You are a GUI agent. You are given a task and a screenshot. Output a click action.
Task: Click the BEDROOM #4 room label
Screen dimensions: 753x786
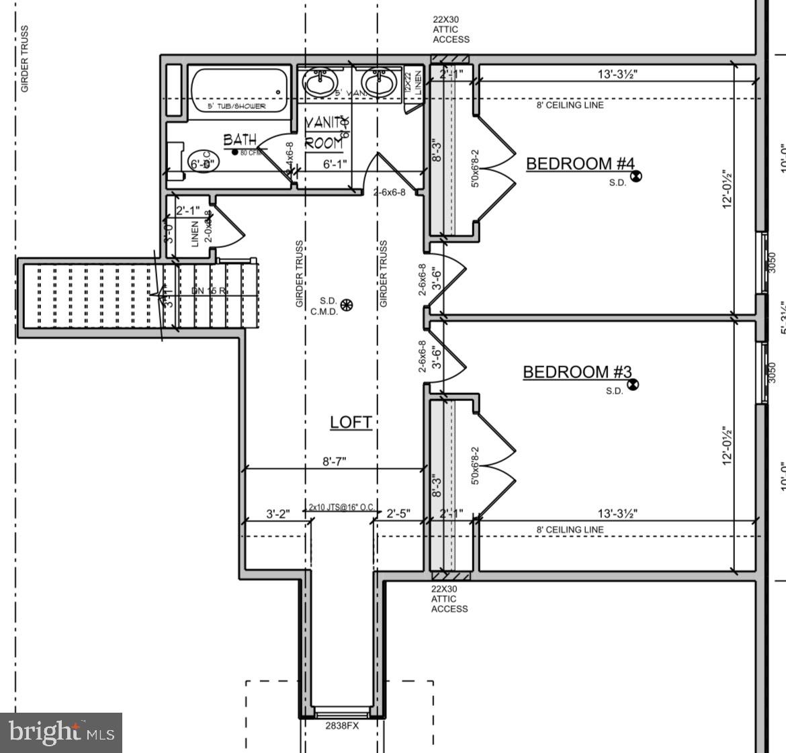pyautogui.click(x=580, y=163)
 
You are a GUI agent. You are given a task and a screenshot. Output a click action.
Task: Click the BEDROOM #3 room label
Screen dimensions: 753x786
pyautogui.click(x=577, y=372)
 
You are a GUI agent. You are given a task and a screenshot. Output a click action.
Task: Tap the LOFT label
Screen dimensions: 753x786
pyautogui.click(x=351, y=422)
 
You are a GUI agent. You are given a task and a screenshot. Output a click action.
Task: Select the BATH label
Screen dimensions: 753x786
pyautogui.click(x=240, y=140)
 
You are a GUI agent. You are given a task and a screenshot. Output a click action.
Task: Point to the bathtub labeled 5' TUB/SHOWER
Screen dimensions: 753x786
pyautogui.click(x=238, y=92)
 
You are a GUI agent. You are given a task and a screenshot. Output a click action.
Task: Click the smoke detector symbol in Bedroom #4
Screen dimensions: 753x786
pyautogui.click(x=636, y=176)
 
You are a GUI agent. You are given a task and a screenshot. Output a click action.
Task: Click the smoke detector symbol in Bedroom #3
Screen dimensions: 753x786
pyautogui.click(x=632, y=385)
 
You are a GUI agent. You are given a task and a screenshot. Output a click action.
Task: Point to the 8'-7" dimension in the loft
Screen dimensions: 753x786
pyautogui.click(x=335, y=462)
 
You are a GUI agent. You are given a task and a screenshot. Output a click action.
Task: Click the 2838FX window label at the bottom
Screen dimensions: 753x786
pyautogui.click(x=342, y=725)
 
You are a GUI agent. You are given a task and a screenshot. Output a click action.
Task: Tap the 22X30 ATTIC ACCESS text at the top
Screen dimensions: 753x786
pyautogui.click(x=451, y=30)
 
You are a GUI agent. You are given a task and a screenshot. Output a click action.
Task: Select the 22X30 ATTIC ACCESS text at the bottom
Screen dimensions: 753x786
pyautogui.click(x=449, y=599)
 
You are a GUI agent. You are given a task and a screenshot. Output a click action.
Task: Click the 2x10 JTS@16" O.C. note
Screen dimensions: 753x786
pyautogui.click(x=341, y=507)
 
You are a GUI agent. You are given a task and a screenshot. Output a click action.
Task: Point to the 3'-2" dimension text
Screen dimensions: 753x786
pyautogui.click(x=277, y=514)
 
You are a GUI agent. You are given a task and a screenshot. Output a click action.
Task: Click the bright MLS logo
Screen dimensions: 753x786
pyautogui.click(x=61, y=732)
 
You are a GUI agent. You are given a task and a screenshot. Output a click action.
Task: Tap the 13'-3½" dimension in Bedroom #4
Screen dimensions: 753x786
pyautogui.click(x=617, y=74)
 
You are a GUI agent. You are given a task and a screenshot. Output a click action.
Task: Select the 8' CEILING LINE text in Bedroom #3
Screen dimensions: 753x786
pyautogui.click(x=570, y=529)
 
